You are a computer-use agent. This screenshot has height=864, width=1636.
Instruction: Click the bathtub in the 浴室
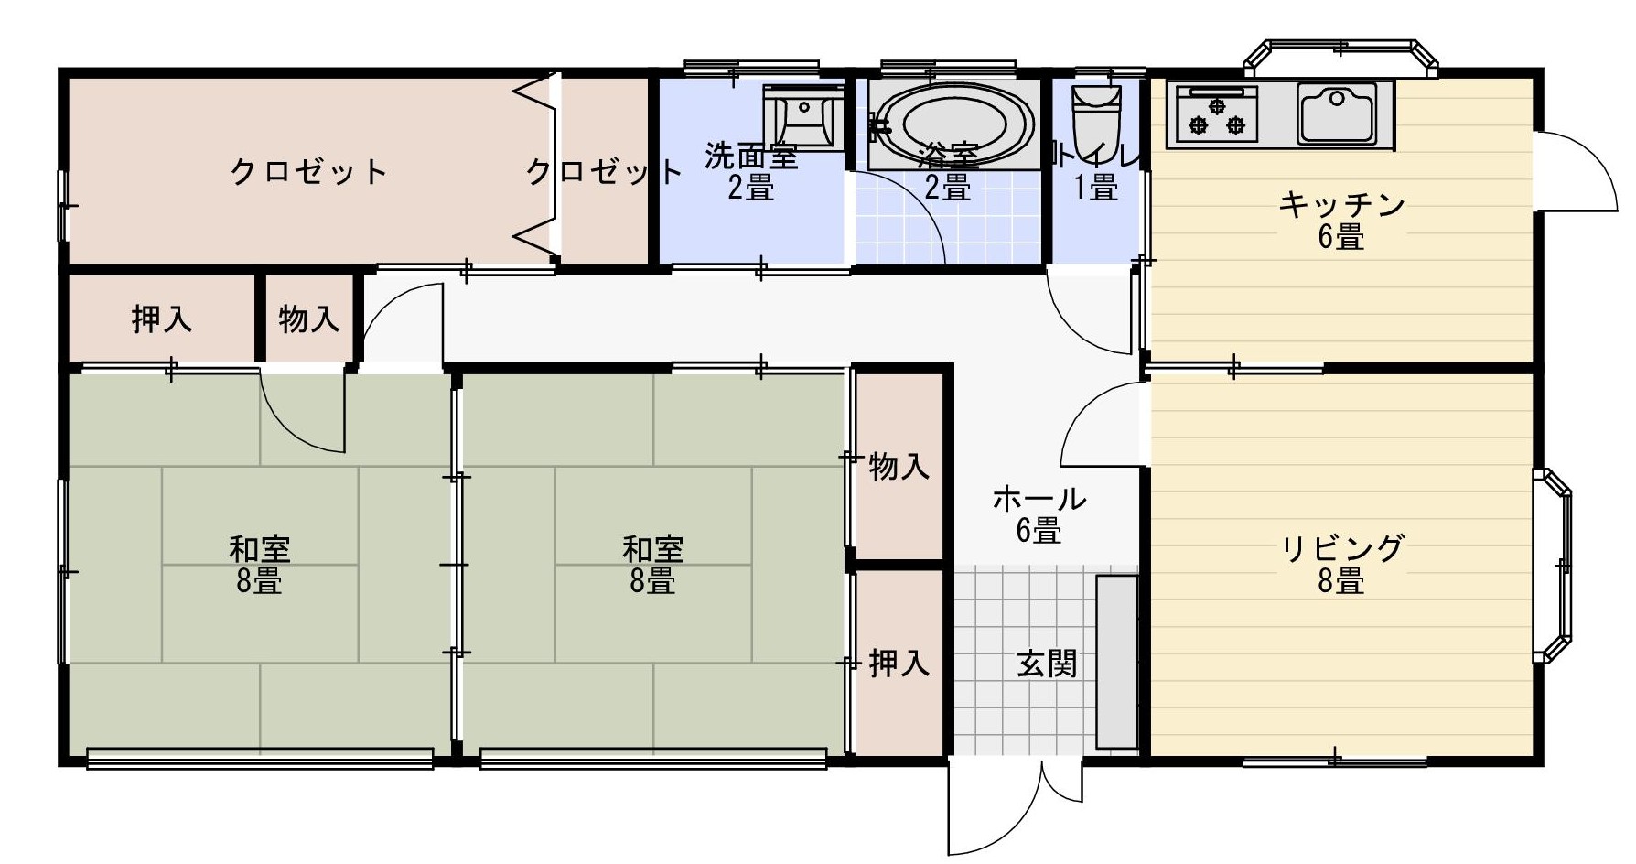[953, 125]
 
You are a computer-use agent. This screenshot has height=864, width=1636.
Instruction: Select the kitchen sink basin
[1337, 113]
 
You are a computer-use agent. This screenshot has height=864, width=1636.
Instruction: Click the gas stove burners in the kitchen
[1218, 113]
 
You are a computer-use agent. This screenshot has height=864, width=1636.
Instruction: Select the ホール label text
[1039, 499]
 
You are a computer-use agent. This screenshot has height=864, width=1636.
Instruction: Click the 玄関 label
[1047, 664]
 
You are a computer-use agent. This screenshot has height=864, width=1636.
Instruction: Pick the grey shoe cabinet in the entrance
[1116, 662]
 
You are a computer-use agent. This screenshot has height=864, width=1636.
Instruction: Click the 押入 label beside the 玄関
[899, 663]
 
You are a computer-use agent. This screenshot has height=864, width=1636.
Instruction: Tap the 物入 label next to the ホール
[899, 467]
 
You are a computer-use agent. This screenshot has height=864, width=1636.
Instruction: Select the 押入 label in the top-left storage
[162, 319]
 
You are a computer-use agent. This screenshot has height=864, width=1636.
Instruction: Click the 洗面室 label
[750, 156]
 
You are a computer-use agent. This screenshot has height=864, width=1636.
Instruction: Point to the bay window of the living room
[1553, 565]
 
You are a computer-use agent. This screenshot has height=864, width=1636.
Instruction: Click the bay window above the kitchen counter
[1340, 57]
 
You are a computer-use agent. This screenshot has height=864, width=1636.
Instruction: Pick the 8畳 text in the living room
[1341, 580]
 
